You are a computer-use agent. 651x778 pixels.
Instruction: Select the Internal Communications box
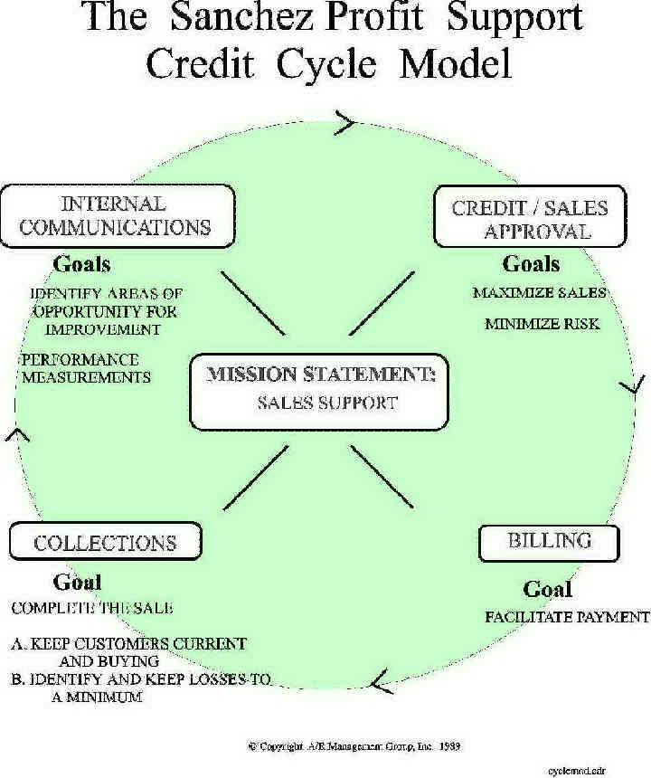coord(117,214)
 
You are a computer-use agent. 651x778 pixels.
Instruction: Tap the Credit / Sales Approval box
coord(530,217)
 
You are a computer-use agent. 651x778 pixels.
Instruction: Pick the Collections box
coord(105,542)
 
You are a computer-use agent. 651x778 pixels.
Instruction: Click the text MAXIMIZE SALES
coord(539,293)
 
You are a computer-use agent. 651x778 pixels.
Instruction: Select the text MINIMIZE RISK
coord(542,323)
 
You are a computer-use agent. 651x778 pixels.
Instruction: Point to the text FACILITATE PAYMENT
coord(567,617)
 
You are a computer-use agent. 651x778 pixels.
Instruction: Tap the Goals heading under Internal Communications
coord(81,264)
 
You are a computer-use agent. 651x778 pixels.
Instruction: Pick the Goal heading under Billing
coord(548,589)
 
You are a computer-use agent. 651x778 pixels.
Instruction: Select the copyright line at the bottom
coord(355,746)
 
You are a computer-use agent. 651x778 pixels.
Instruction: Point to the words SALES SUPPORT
coord(326,403)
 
